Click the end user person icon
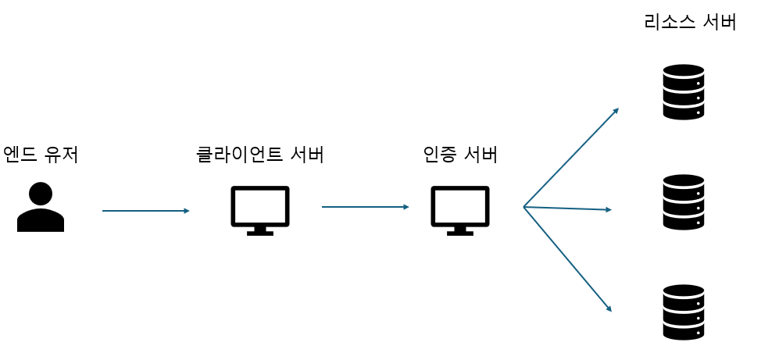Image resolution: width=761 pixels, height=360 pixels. click(41, 208)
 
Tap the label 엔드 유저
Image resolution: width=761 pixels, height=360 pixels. click(41, 154)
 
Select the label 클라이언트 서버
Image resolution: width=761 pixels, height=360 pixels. click(259, 155)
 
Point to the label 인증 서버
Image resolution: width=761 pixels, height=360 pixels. click(460, 155)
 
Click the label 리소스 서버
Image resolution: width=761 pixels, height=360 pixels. click(690, 22)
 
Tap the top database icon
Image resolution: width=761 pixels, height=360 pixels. click(684, 92)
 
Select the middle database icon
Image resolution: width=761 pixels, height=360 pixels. click(684, 201)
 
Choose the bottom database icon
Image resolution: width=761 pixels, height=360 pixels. click(684, 312)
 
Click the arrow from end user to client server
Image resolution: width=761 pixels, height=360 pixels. click(146, 211)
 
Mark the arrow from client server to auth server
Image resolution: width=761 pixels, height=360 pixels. click(366, 207)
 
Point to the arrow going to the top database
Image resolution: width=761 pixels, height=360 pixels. click(571, 157)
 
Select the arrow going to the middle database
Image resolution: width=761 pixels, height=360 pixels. click(567, 209)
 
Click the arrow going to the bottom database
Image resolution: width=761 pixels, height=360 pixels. click(567, 259)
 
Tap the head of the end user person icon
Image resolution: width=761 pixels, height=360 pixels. click(41, 194)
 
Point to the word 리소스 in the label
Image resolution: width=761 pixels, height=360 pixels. click(669, 22)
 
